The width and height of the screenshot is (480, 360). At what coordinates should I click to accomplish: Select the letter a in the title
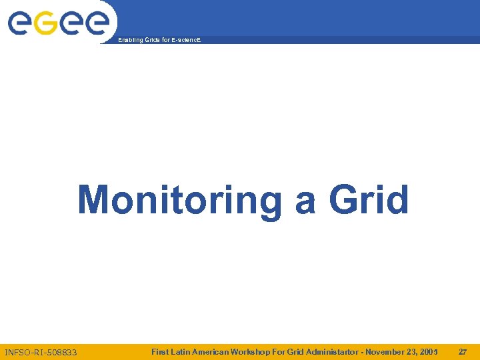click(305, 202)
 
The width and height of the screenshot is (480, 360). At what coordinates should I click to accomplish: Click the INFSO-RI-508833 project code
click(41, 352)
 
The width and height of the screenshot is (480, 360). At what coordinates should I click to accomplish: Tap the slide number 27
click(463, 351)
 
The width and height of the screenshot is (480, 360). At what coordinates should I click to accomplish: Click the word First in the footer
click(160, 351)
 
